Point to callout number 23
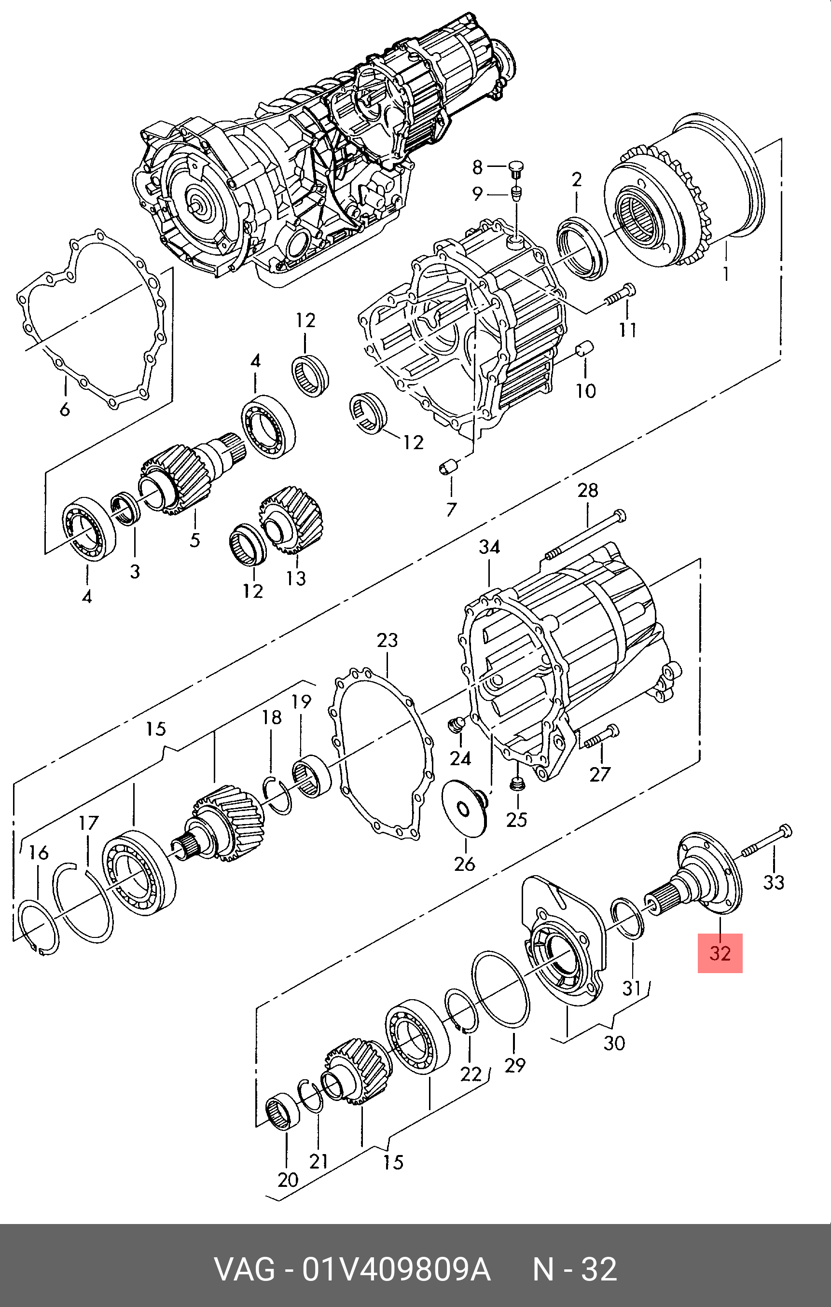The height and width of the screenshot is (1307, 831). click(x=387, y=641)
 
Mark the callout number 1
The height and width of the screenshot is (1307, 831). click(x=726, y=274)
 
